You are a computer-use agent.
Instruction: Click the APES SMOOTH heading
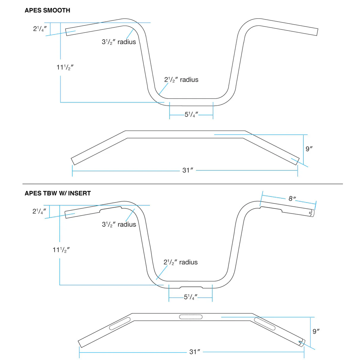point(47,10)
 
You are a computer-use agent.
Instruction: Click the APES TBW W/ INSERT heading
point(58,193)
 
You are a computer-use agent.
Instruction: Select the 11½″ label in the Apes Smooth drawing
point(65,67)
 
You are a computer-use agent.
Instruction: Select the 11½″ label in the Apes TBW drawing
point(61,250)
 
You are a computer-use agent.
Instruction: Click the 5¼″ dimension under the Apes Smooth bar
point(191,115)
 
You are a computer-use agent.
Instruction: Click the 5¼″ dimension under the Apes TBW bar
point(190,297)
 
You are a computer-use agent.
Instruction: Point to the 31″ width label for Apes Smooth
point(188,170)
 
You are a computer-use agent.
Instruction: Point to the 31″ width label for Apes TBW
point(195,352)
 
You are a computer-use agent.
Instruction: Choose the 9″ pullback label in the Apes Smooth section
point(309,149)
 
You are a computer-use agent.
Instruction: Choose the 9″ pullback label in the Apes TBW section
point(316,331)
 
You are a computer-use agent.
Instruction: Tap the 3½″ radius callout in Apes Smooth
point(119,42)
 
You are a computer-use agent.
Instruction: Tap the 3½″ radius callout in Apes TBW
point(119,225)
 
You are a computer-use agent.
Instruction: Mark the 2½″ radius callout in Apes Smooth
point(181,80)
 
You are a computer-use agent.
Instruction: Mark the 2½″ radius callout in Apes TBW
point(181,262)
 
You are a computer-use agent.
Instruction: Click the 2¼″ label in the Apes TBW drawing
point(39,211)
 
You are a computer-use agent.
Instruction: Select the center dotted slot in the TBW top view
point(190,317)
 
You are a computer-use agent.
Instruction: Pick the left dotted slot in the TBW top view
point(120,324)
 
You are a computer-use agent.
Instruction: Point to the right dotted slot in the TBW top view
point(265,324)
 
